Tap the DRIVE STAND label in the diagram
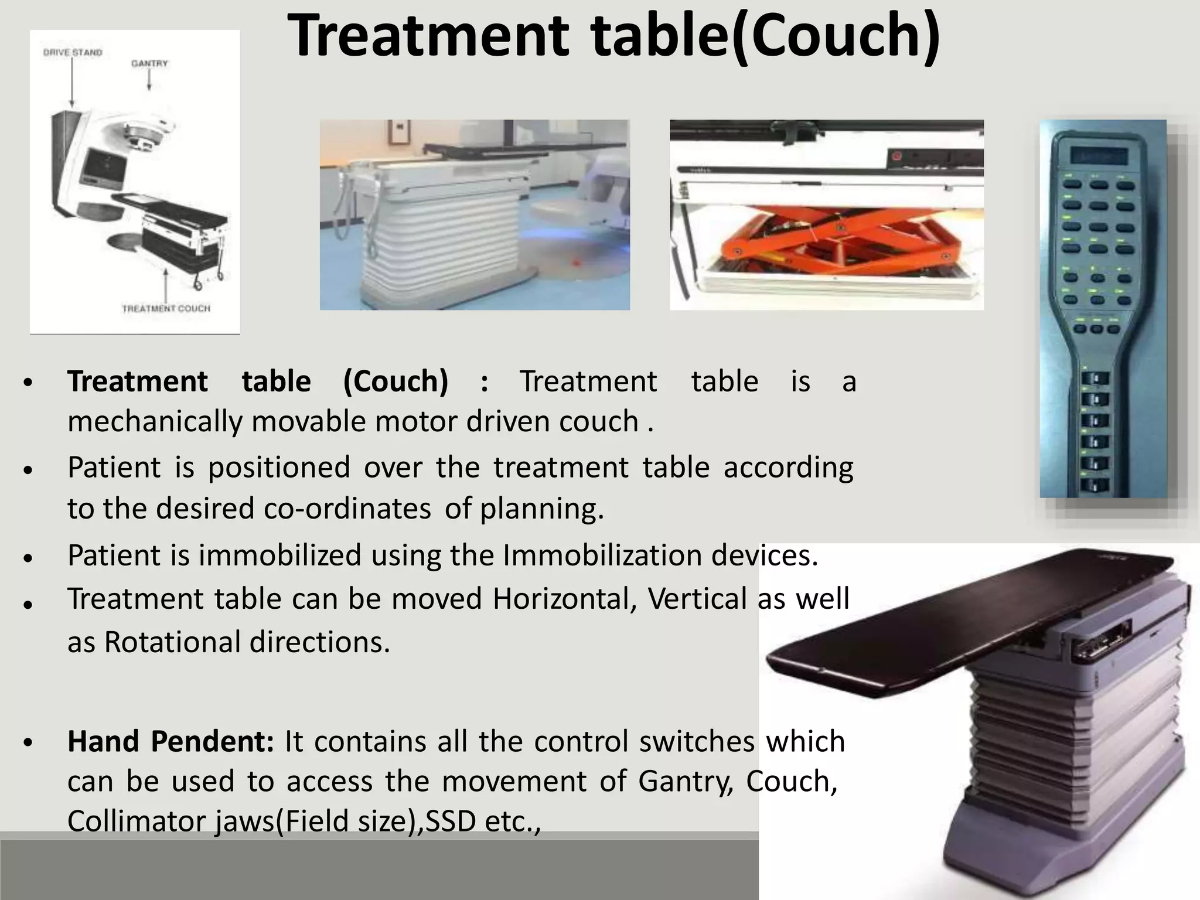pos(73,53)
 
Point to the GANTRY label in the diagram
pos(149,63)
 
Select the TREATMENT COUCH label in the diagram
pos(166,308)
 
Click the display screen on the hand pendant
pos(1099,155)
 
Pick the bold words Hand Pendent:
pos(171,741)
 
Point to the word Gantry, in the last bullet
pos(686,781)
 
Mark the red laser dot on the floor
pos(576,262)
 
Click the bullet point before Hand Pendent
pos(28,743)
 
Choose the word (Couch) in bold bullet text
pos(396,381)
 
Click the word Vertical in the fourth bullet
pos(697,599)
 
